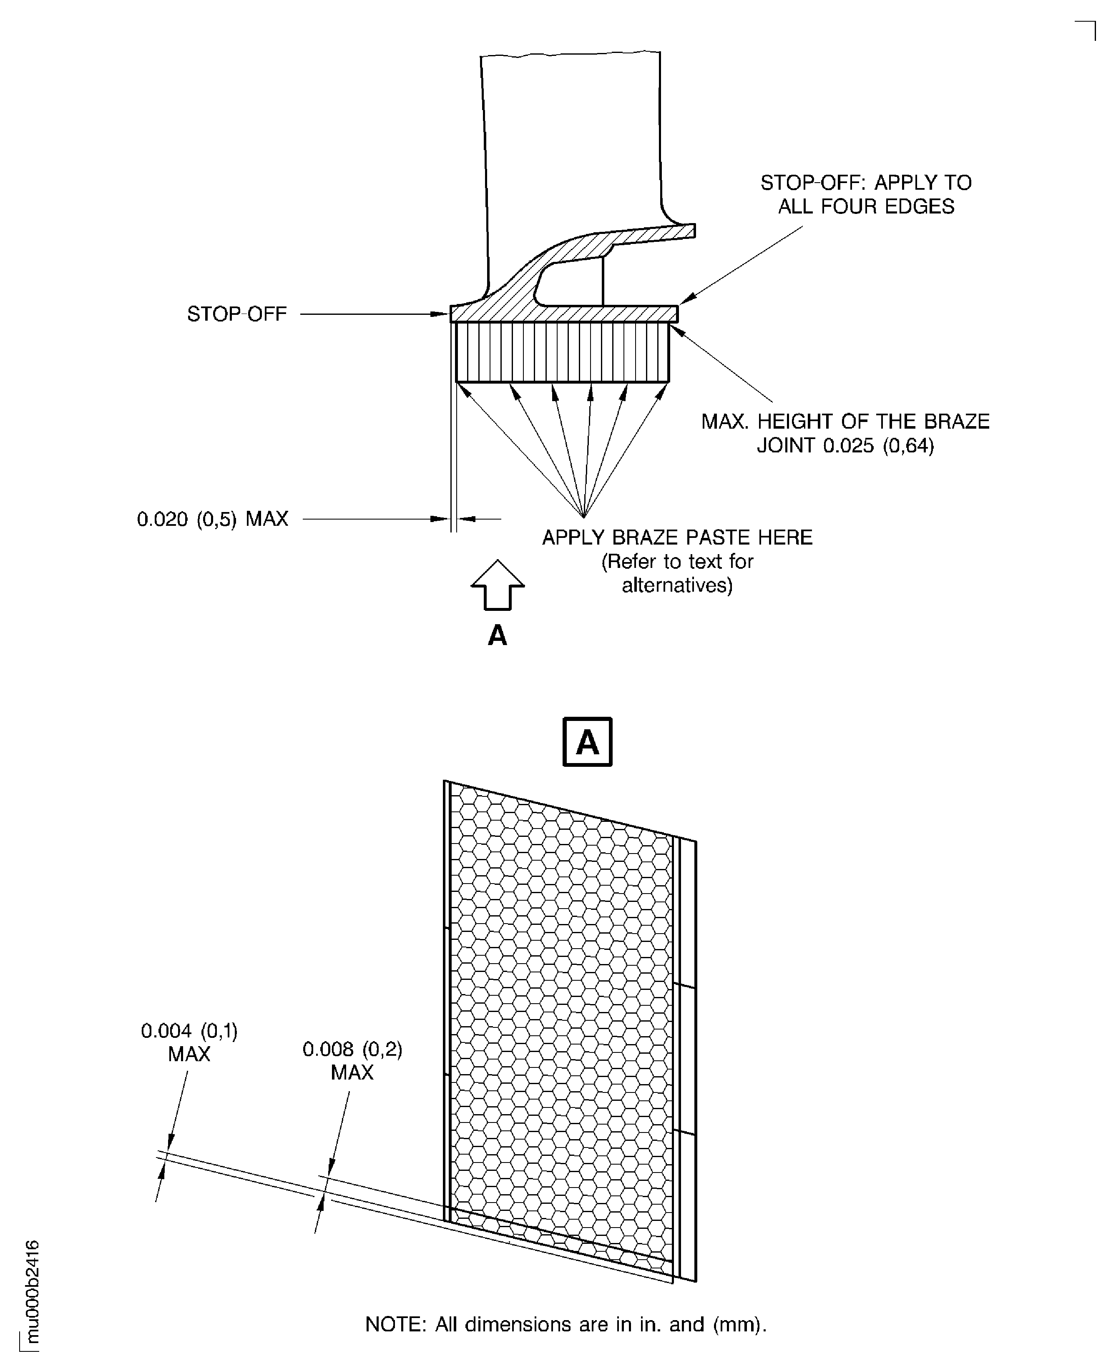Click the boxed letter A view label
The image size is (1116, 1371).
point(587,742)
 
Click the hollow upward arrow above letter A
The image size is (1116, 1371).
point(498,584)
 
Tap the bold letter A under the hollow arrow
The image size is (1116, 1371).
point(498,636)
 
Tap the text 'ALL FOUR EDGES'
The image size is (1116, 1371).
point(866,206)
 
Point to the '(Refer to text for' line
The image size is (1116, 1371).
point(677,561)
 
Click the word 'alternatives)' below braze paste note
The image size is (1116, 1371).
point(677,585)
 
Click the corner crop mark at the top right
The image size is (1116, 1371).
point(1094,22)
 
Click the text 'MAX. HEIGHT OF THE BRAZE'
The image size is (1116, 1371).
point(845,422)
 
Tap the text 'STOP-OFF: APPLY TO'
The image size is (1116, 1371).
point(866,183)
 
